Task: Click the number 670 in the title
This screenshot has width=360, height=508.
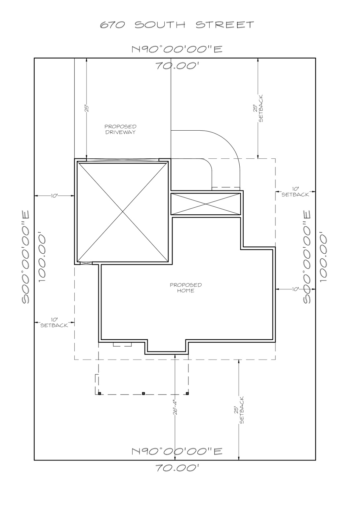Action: (112, 25)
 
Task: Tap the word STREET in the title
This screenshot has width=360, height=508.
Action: (225, 25)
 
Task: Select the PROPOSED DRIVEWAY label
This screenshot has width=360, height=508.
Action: (120, 129)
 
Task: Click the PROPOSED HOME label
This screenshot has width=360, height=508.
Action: (185, 288)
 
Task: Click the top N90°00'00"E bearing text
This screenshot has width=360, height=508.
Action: (177, 49)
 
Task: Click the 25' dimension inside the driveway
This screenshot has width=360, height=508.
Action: (86, 109)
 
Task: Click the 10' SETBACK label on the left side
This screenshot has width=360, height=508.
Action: (54, 322)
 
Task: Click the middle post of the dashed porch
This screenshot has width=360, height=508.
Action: (143, 393)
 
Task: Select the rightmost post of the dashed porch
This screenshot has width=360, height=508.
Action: (187, 393)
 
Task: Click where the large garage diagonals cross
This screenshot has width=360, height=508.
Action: (123, 211)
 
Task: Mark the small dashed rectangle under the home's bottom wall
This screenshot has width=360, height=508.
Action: (122, 345)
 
